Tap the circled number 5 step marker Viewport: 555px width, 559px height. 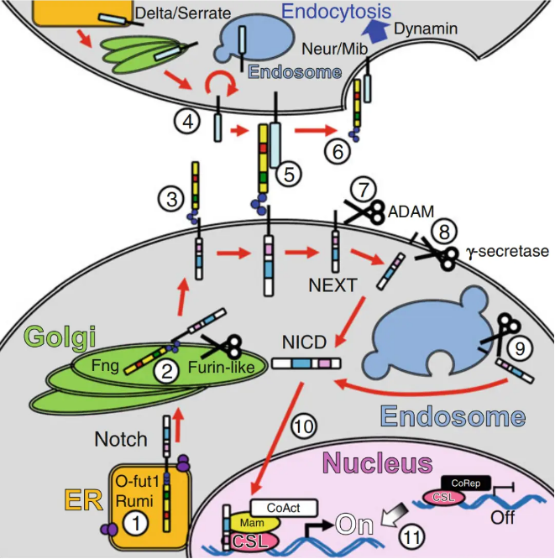(x=289, y=176)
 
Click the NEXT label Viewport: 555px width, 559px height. (x=332, y=284)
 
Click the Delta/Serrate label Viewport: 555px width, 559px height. (x=173, y=12)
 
